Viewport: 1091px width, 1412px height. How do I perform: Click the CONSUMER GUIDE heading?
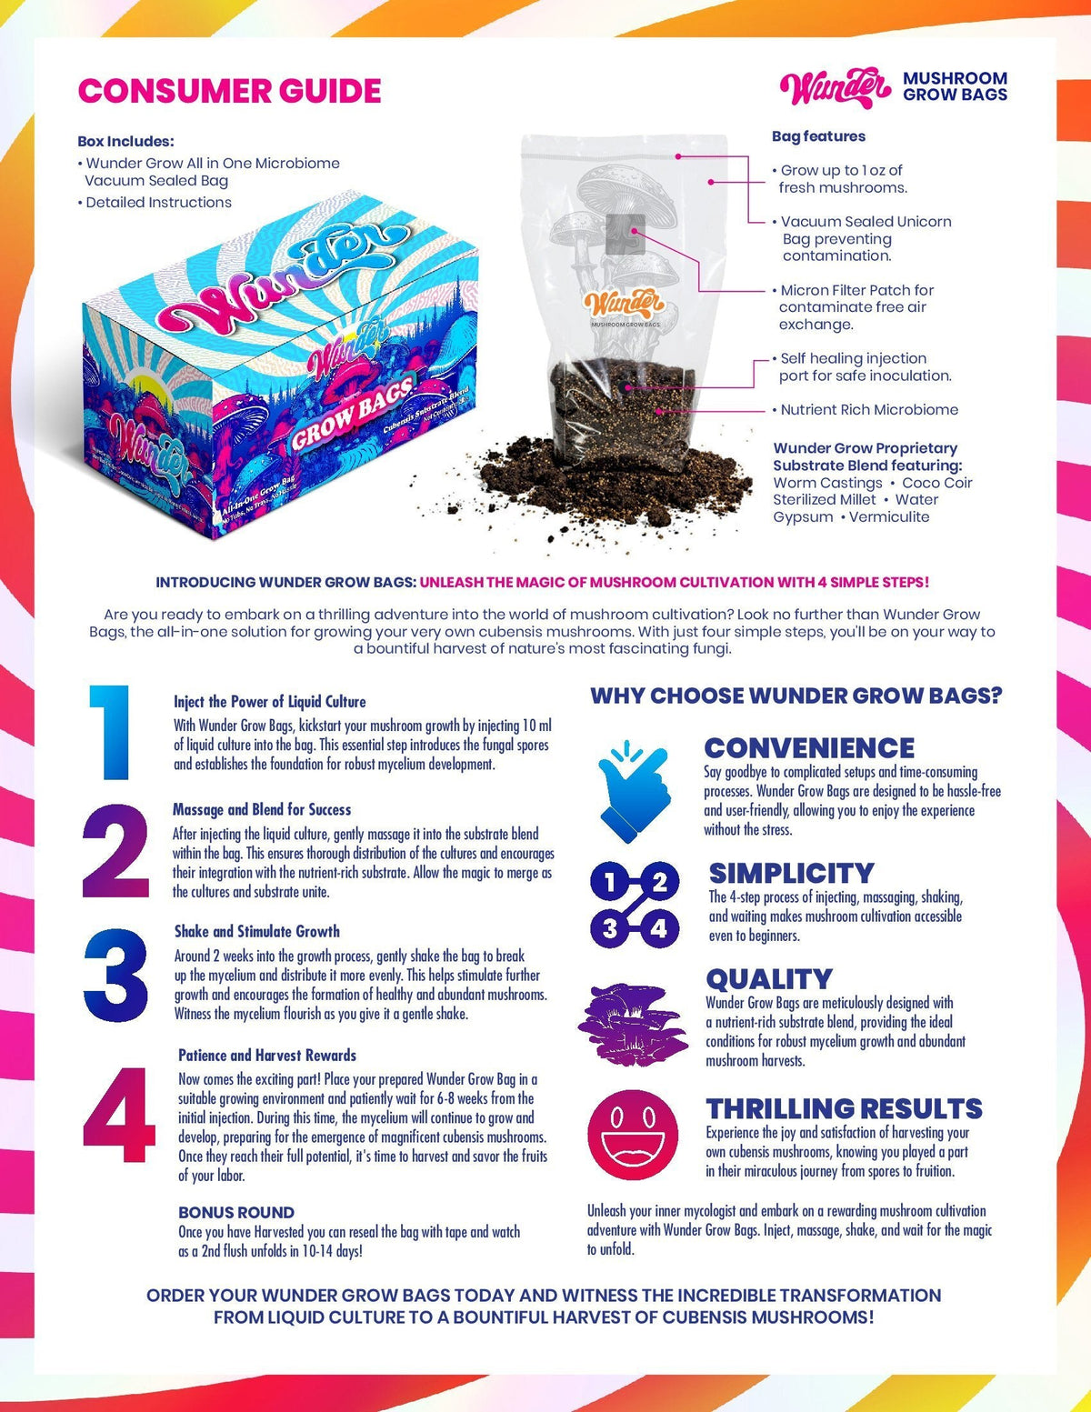229,92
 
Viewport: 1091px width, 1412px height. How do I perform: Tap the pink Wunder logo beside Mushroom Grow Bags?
835,88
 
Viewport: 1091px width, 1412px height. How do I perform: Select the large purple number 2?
115,852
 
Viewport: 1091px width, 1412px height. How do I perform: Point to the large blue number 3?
115,976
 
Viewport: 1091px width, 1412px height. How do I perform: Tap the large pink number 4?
118,1115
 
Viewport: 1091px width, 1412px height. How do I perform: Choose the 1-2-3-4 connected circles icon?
634,904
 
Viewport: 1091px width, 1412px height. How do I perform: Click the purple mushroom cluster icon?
634,1023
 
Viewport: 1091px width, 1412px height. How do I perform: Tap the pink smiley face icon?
633,1136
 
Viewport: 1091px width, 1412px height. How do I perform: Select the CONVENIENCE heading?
809,748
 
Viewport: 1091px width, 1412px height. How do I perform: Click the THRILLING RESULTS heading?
845,1109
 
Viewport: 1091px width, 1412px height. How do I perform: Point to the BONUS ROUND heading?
236,1213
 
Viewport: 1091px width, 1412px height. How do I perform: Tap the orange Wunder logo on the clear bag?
625,304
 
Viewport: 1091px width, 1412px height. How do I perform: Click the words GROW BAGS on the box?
353,413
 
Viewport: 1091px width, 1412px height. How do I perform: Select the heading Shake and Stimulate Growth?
257,931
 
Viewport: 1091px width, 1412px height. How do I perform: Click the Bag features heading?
818,136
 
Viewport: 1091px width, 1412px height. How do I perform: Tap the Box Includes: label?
125,142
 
